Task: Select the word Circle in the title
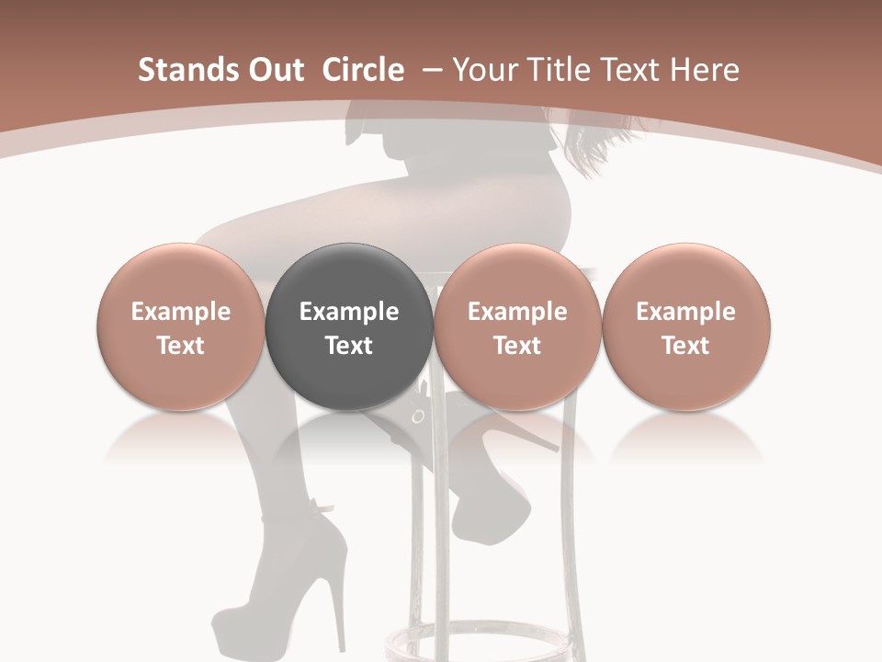tap(363, 70)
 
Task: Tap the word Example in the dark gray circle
tap(349, 312)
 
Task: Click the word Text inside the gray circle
tap(349, 346)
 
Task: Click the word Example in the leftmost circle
tap(181, 312)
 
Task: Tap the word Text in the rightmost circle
tap(686, 346)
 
